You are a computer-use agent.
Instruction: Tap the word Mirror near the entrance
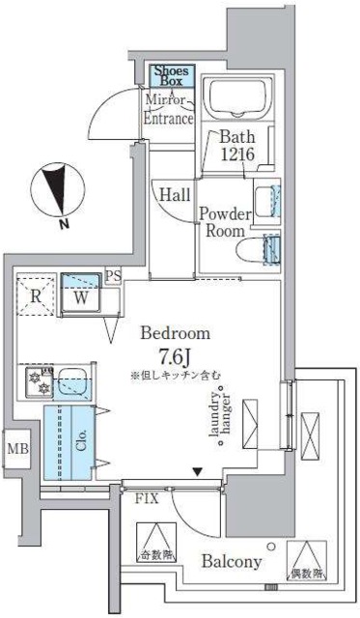click(x=165, y=99)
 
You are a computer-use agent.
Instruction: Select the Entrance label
click(x=169, y=118)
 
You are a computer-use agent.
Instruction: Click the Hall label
click(x=175, y=194)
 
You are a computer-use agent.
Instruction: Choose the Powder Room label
click(x=226, y=222)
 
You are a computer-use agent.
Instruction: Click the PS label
click(x=114, y=277)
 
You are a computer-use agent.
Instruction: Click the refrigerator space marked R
click(x=35, y=296)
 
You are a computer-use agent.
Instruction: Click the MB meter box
click(x=17, y=448)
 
